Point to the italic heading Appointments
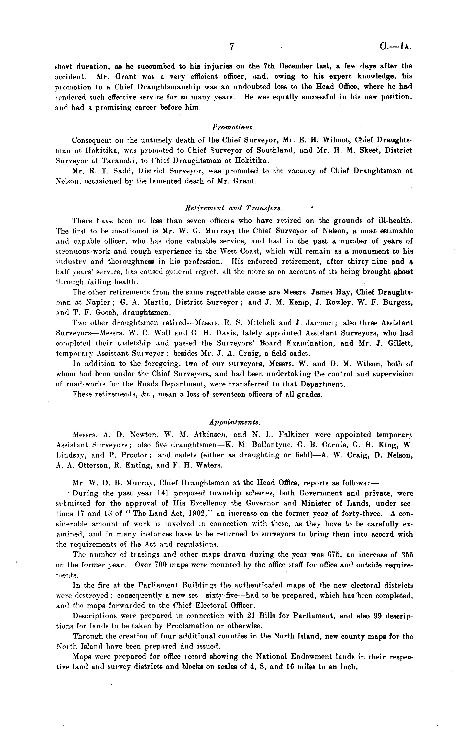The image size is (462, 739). coord(235,422)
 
